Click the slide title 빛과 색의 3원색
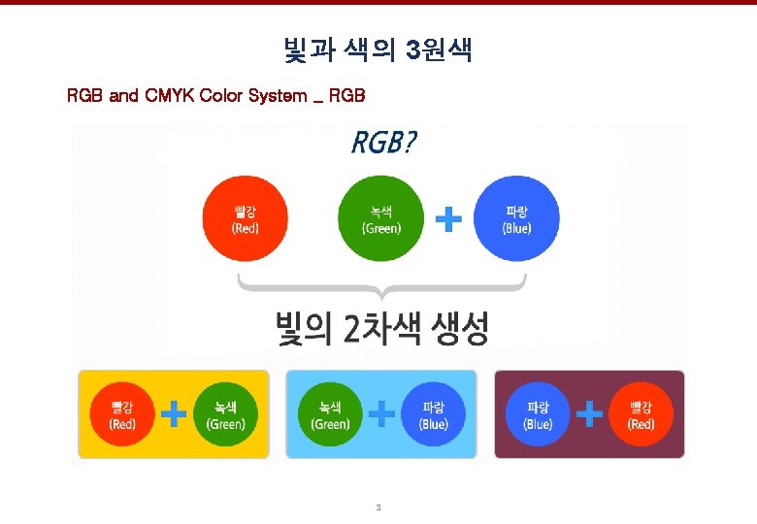[377, 50]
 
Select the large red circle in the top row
[245, 219]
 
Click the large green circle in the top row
[380, 219]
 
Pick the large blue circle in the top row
[516, 219]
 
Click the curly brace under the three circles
[382, 285]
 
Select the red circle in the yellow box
[122, 414]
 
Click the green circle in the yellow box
[225, 414]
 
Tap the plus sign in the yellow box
[174, 415]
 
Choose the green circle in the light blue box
[330, 414]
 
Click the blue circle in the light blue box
[433, 414]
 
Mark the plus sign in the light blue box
[382, 415]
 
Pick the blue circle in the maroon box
[538, 414]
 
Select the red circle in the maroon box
[641, 414]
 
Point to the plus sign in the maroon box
[589, 415]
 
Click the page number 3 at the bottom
[378, 508]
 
